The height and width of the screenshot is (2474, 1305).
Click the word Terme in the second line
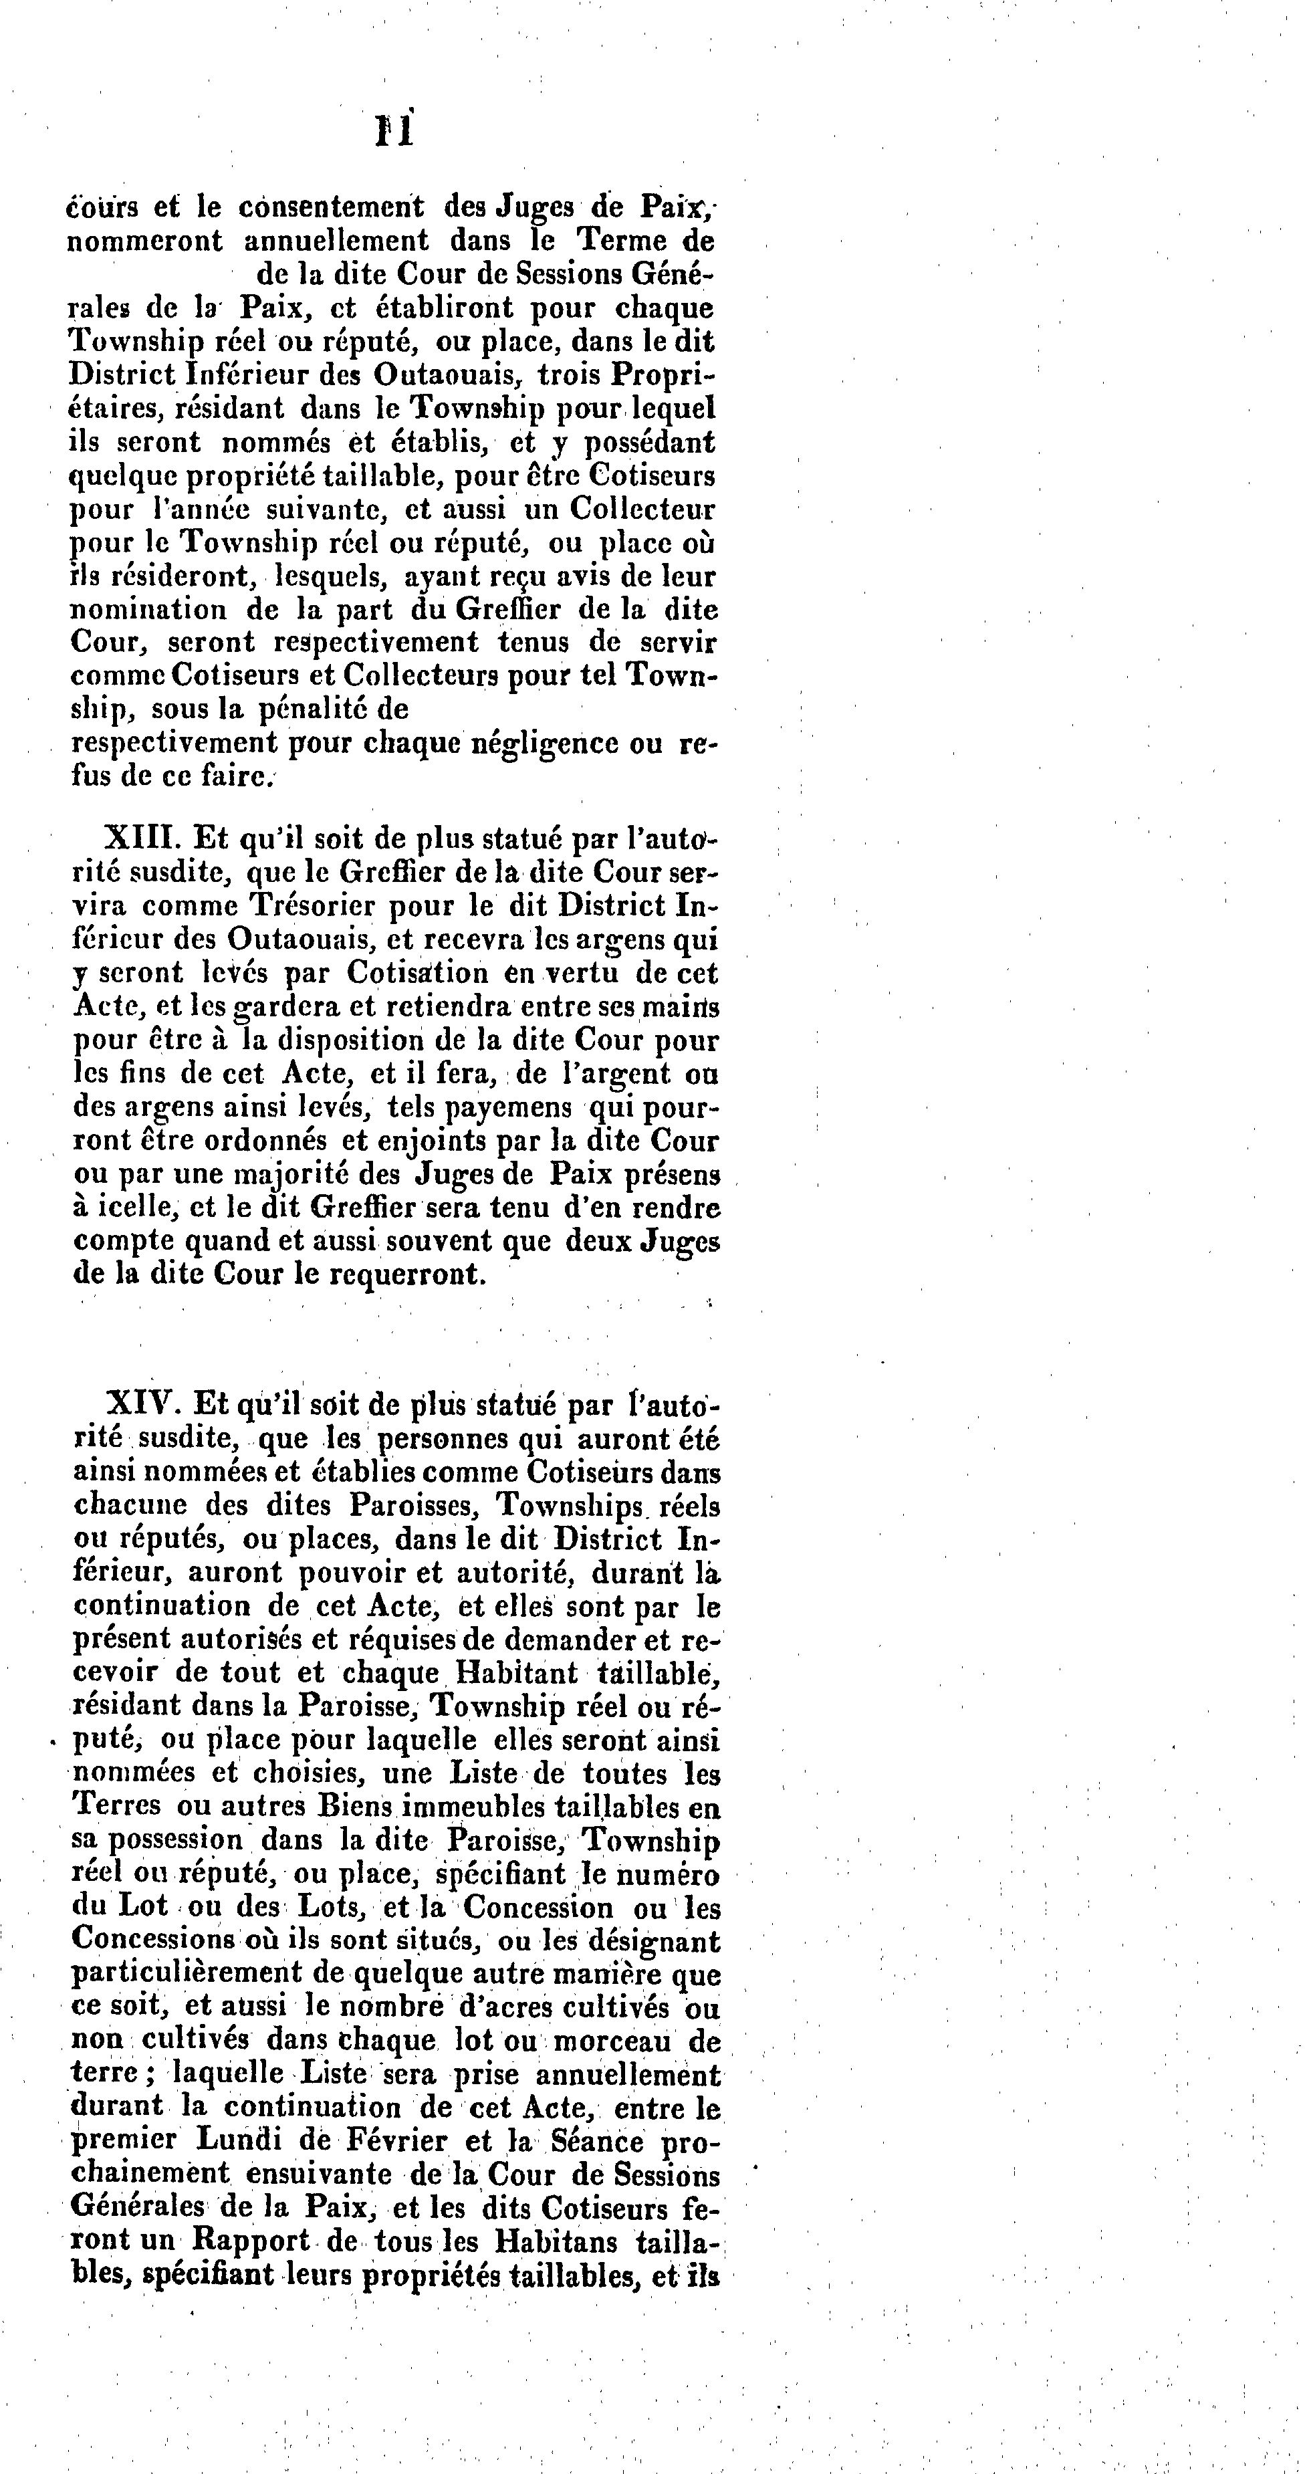click(x=618, y=240)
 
